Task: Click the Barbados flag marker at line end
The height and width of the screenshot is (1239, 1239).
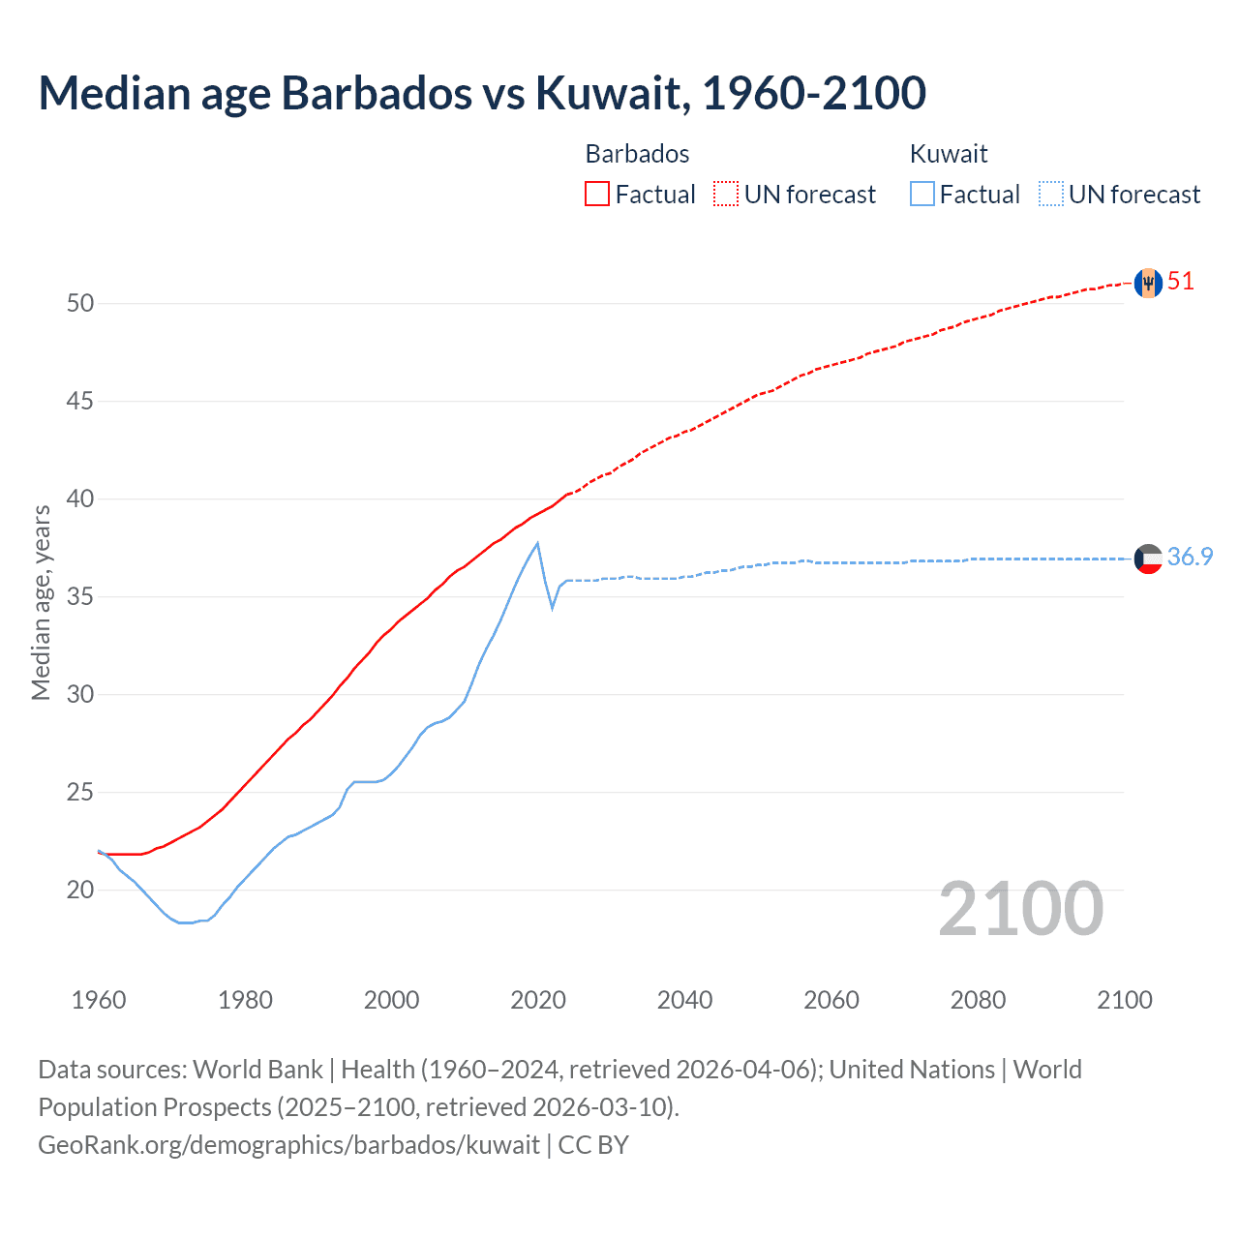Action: click(x=1148, y=283)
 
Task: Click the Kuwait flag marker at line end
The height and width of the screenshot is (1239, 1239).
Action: click(x=1148, y=559)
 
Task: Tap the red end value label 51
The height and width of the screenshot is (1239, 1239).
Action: click(x=1181, y=282)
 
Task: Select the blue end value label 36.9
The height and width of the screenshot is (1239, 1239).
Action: click(x=1190, y=557)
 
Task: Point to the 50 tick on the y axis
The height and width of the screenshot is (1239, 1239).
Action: click(x=80, y=303)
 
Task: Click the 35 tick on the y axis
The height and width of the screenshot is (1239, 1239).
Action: click(x=80, y=596)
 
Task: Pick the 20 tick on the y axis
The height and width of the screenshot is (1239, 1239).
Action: click(x=80, y=890)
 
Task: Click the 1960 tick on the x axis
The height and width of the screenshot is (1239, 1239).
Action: click(x=99, y=1000)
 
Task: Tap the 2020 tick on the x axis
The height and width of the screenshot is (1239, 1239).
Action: click(x=538, y=1000)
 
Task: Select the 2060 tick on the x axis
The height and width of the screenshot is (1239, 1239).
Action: click(x=831, y=1000)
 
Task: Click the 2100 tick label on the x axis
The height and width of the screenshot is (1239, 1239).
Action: click(x=1125, y=1000)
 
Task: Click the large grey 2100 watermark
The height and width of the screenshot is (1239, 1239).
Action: click(x=1021, y=909)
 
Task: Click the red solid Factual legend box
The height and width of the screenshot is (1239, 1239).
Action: click(x=597, y=194)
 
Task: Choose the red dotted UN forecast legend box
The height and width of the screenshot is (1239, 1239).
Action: click(x=726, y=194)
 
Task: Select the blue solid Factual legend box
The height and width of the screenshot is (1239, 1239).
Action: click(x=922, y=194)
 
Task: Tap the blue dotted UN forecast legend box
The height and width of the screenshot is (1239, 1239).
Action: click(x=1050, y=194)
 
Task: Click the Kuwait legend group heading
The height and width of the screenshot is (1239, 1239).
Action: click(x=949, y=154)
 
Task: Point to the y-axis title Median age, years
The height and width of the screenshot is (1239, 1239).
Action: click(x=41, y=602)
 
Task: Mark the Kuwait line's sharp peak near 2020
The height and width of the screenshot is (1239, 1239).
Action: click(x=537, y=543)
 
